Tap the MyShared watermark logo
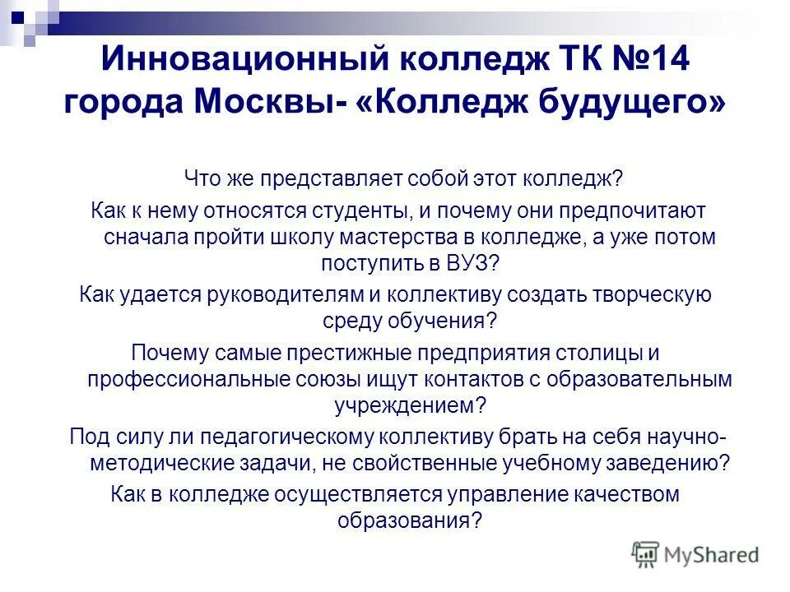[695, 554]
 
